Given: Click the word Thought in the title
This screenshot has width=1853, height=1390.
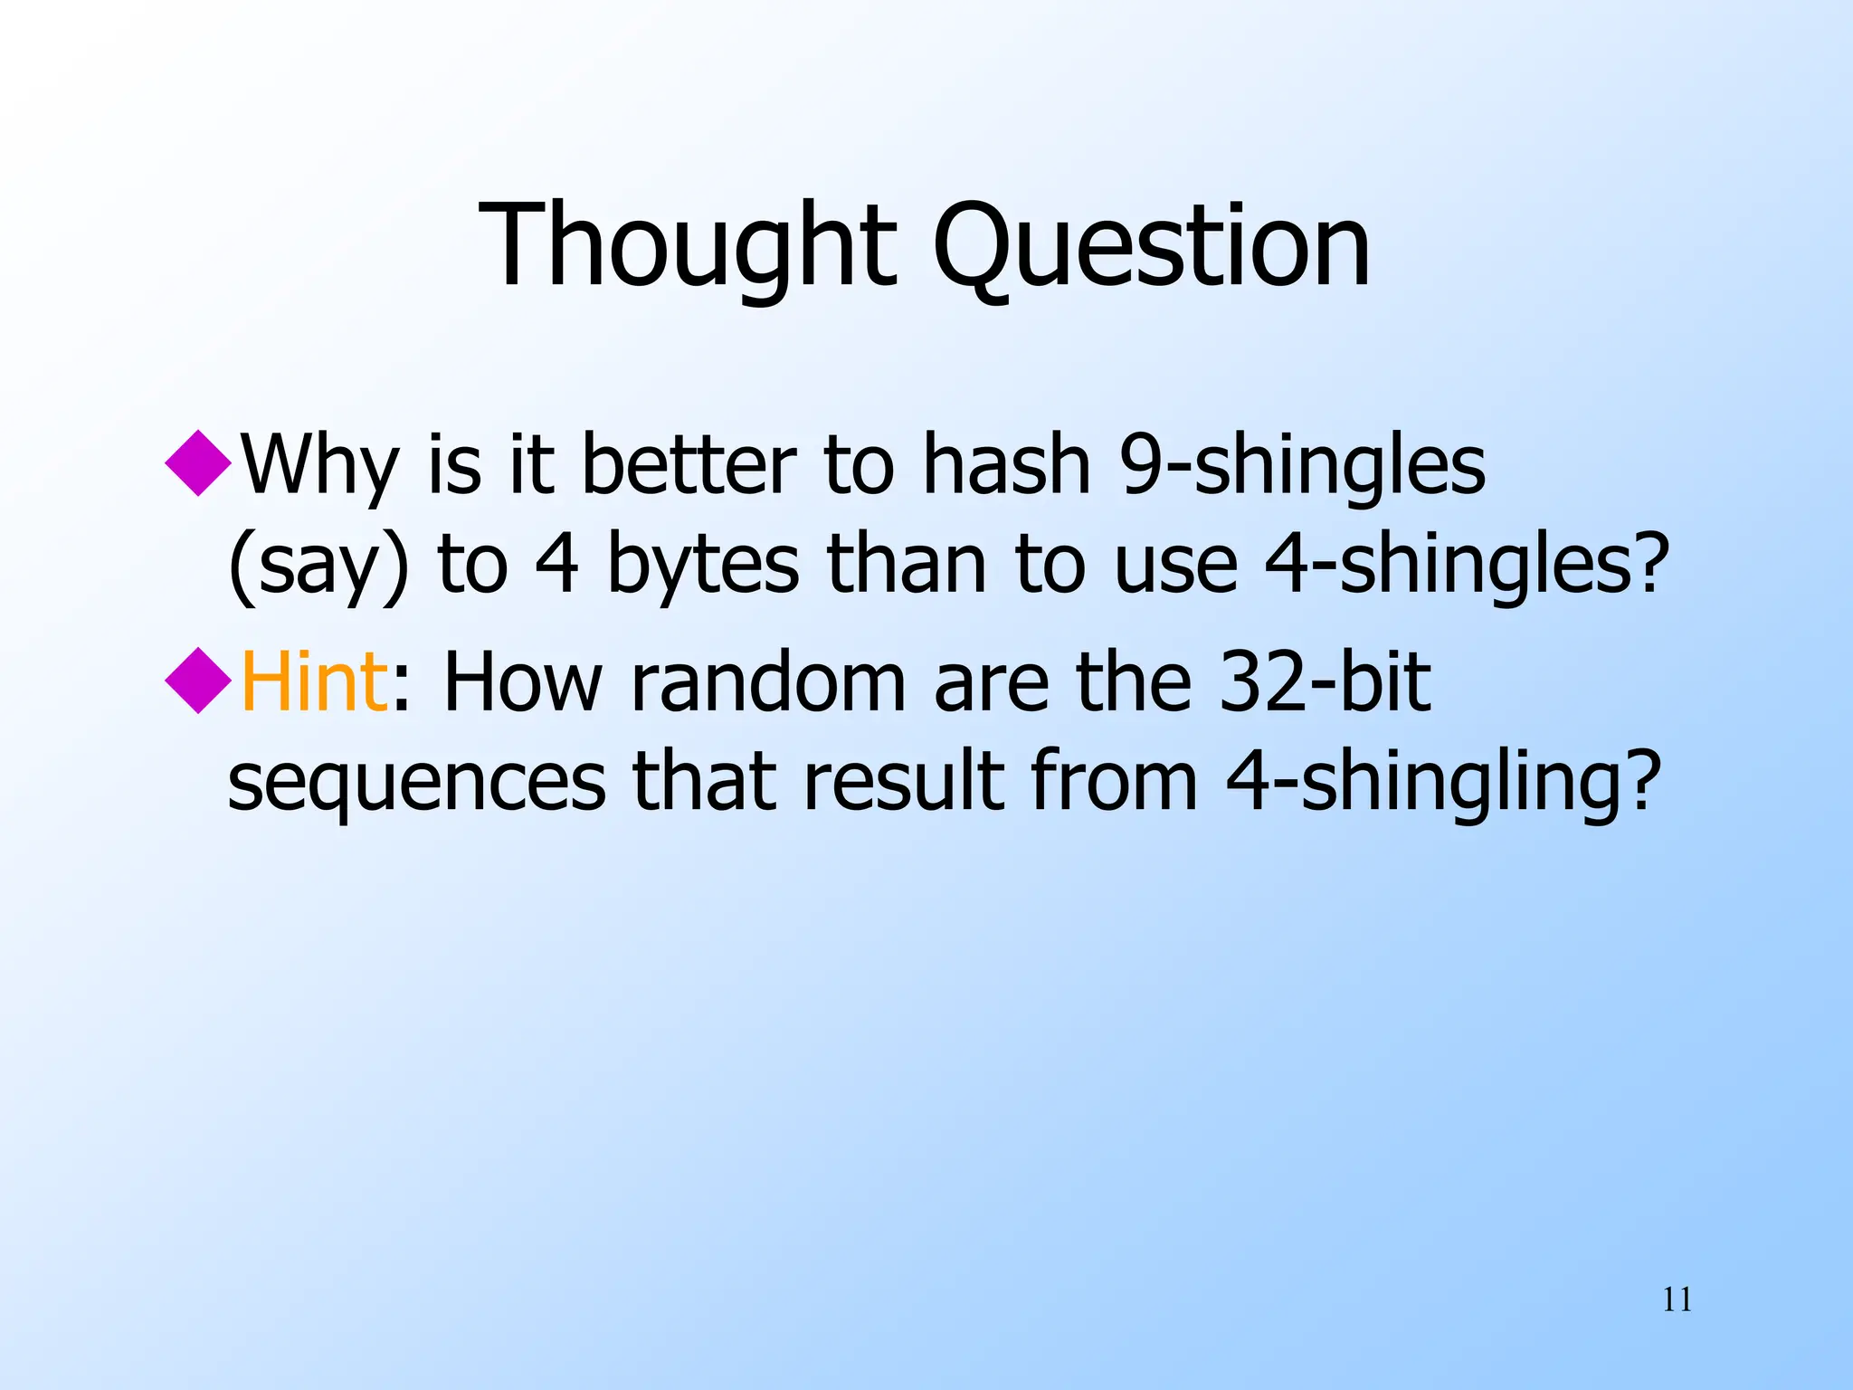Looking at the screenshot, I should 688,246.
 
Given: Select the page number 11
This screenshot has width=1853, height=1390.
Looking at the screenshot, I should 1677,1300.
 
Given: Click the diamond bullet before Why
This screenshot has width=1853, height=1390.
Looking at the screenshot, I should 198,462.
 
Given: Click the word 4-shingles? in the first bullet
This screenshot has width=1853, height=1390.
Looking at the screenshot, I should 1466,564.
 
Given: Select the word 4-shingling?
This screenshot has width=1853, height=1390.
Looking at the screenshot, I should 1443,781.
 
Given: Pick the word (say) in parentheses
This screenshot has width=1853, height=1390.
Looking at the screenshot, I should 318,566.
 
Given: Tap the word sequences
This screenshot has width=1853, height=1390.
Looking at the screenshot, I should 417,781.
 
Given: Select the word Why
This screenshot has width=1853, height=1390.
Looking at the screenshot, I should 320,466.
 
